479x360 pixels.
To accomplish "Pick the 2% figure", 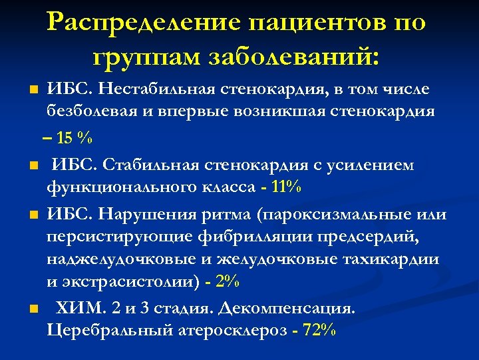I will pyautogui.click(x=228, y=281).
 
